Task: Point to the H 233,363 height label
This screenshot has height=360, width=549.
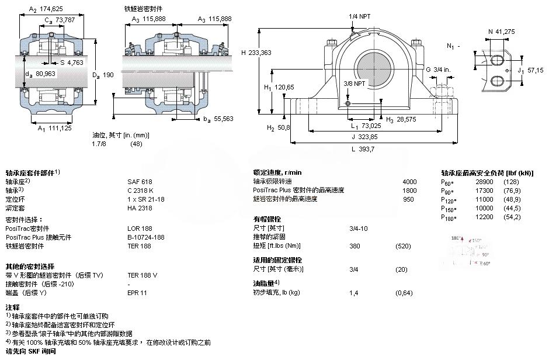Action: point(256,52)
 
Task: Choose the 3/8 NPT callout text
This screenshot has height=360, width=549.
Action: point(353,83)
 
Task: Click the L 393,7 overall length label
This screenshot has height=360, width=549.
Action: point(363,149)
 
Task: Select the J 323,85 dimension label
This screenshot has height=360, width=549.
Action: point(363,137)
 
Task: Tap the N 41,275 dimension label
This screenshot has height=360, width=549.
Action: point(501,31)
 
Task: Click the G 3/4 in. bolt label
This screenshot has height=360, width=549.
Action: point(438,70)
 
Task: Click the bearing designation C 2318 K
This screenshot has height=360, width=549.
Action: point(141,190)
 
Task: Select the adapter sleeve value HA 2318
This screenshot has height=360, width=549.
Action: point(140,207)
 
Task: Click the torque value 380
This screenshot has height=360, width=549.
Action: point(354,245)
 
